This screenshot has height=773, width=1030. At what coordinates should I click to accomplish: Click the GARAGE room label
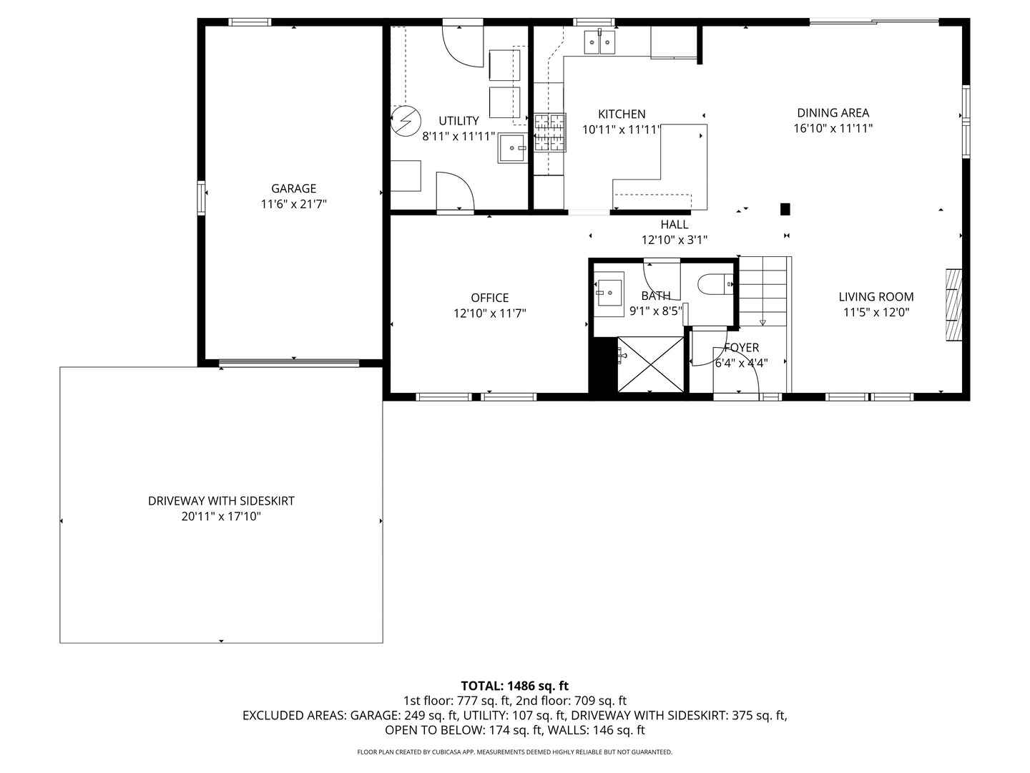[293, 188]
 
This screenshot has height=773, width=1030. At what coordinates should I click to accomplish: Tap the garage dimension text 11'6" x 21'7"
[293, 205]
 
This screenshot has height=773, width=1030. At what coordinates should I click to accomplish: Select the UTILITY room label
[458, 121]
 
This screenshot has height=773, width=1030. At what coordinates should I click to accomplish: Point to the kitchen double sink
[599, 42]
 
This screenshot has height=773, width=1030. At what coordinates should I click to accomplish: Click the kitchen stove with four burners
[549, 132]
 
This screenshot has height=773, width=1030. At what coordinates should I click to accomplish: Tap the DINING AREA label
[833, 112]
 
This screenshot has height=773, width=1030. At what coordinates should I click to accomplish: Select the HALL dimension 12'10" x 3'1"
[674, 240]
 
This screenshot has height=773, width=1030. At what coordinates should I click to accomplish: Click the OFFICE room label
[489, 298]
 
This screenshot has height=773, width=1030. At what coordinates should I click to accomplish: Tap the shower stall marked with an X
[650, 364]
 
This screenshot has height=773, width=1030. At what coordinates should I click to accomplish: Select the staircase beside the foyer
[763, 291]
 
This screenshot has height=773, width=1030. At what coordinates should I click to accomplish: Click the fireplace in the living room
[953, 305]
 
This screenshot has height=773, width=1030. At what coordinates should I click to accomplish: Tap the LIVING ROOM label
[875, 296]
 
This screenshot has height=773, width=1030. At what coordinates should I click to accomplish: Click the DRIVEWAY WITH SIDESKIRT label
[221, 501]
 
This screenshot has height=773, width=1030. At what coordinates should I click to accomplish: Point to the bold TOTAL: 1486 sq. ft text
[514, 686]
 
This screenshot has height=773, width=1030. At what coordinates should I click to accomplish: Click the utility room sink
[513, 148]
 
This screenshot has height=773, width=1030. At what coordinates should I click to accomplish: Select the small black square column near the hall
[785, 209]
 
